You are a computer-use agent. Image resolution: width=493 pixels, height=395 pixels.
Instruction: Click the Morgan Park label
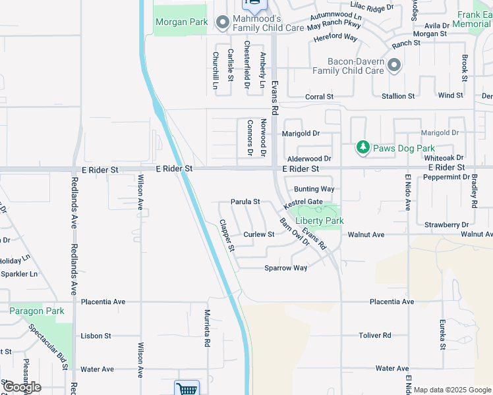181,22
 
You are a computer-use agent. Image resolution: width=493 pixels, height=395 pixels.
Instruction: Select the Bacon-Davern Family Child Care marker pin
394,65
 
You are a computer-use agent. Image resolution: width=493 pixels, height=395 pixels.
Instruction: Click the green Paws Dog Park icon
362,147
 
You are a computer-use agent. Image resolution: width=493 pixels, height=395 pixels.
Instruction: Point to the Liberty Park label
320,221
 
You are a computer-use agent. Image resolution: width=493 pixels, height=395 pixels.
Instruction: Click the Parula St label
245,201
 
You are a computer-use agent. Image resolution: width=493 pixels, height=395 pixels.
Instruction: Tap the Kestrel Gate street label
303,202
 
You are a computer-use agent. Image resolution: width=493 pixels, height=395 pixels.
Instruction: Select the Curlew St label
259,234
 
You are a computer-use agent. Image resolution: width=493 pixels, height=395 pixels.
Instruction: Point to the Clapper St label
227,236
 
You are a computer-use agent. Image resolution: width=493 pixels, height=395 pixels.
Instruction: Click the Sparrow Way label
286,268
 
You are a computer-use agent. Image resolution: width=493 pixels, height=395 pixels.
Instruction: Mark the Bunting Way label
314,189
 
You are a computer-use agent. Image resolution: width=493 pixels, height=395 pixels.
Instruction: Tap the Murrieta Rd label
207,329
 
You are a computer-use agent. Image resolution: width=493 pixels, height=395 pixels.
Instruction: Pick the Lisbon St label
96,336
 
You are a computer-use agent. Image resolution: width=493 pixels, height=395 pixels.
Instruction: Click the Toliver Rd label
375,335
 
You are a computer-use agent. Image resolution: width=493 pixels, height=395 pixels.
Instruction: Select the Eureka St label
443,335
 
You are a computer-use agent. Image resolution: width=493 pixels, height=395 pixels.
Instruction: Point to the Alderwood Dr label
309,159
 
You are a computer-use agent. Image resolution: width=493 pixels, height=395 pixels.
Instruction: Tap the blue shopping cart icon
187,388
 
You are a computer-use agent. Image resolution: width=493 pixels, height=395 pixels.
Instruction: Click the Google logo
22,387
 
